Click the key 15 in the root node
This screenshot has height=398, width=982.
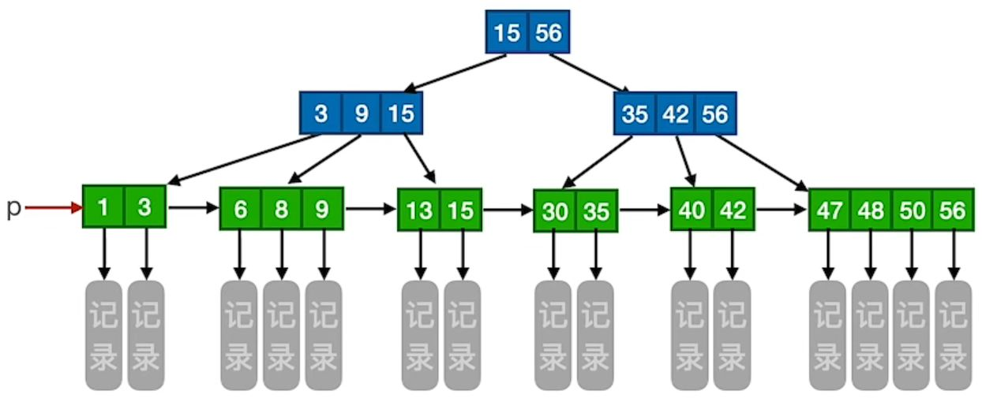pyautogui.click(x=506, y=33)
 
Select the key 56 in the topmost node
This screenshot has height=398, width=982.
pyautogui.click(x=548, y=33)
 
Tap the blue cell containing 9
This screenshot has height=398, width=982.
pyautogui.click(x=362, y=113)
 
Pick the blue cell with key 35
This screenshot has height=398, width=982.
pyautogui.click(x=635, y=113)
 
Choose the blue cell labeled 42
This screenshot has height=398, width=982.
pyautogui.click(x=676, y=113)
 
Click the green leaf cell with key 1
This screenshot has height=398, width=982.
pyautogui.click(x=103, y=207)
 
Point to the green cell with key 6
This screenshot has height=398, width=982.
pyautogui.click(x=241, y=209)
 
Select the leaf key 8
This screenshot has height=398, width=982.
pyautogui.click(x=282, y=209)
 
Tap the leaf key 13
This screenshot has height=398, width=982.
pyautogui.click(x=418, y=210)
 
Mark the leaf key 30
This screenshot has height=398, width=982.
pyautogui.click(x=554, y=211)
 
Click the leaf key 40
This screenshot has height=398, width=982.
pyautogui.click(x=692, y=209)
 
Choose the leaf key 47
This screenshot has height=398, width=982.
pyautogui.click(x=829, y=210)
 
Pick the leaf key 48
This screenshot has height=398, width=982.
pyautogui.click(x=871, y=210)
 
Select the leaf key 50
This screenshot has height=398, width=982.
pyautogui.click(x=912, y=210)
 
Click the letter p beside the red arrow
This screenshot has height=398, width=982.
pyautogui.click(x=13, y=208)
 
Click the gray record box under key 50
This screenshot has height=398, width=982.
pyautogui.click(x=912, y=334)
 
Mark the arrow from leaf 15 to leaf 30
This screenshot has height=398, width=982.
pyautogui.click(x=508, y=210)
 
